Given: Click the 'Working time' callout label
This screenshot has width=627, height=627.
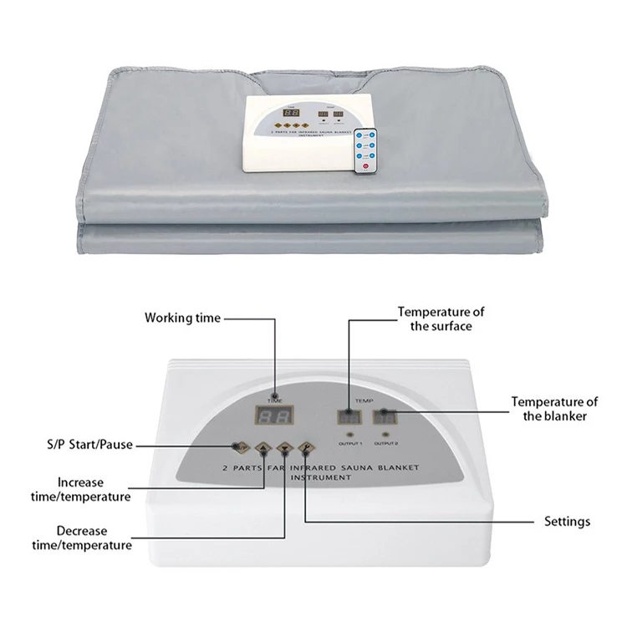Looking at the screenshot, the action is click(182, 318).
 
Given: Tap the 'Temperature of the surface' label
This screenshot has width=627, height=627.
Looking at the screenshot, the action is click(441, 319).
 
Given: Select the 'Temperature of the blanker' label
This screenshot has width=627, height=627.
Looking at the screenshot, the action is click(554, 409).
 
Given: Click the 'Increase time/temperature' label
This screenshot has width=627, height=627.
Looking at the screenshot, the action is click(94, 489).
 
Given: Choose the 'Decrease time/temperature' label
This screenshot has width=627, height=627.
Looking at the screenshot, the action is click(94, 538).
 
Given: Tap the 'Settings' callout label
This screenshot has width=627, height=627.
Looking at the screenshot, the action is click(567, 521).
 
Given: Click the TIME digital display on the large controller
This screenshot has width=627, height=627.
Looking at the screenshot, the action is click(273, 417).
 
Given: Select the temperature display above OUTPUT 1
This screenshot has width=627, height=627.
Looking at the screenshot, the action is click(347, 416).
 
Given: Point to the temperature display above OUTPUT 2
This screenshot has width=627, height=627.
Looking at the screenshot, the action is click(385, 416).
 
